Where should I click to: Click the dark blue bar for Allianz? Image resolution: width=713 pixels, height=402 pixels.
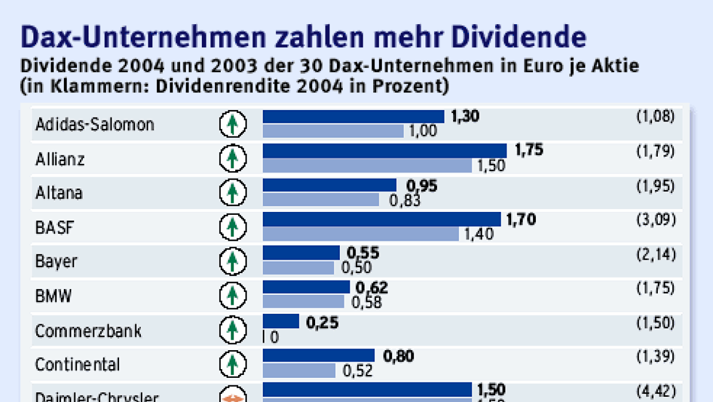384,151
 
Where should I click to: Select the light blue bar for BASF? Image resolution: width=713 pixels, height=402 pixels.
361,234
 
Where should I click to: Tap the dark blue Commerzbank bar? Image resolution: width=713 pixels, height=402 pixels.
281,321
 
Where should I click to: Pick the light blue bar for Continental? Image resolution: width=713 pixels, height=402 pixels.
299,370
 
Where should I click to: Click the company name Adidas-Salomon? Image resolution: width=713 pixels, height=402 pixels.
94,124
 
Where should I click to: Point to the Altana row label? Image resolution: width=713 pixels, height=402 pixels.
59,193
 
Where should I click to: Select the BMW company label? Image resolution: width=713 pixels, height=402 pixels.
53,296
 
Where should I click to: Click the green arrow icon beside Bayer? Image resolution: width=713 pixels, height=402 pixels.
233,261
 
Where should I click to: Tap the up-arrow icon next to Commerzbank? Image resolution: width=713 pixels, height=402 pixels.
233,330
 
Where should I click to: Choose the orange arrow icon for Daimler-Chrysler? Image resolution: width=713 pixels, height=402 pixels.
233,396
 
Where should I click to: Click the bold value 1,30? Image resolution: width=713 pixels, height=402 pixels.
465,116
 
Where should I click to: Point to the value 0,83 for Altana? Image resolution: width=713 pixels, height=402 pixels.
405,200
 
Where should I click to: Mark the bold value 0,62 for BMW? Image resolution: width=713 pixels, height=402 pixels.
371,287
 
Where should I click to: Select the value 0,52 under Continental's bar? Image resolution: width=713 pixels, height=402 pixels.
358,371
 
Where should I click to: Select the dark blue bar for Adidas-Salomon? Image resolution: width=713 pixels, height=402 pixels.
353,117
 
